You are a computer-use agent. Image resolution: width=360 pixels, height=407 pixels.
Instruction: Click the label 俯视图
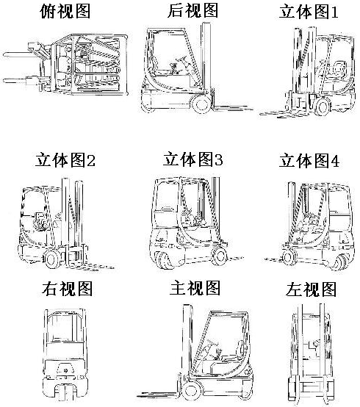tap(65, 11)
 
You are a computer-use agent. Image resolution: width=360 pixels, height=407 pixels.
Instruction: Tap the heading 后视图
tap(192, 10)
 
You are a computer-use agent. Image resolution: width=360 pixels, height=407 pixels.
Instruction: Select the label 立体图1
tap(309, 12)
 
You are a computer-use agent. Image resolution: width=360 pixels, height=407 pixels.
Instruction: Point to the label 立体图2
tap(65, 160)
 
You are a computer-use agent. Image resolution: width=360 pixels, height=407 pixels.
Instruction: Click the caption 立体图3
tap(192, 159)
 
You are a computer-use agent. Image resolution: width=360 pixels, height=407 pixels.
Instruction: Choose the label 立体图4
tap(309, 160)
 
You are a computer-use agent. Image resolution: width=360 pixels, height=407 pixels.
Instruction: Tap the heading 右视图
tap(67, 289)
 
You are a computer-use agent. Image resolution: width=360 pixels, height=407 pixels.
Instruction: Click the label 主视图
tap(195, 287)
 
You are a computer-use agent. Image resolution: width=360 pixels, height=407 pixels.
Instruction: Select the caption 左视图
tap(311, 289)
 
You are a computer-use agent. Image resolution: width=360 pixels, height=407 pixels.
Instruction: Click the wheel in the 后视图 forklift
tap(201, 104)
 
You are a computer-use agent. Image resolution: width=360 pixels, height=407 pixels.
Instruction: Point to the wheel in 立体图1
tap(322, 107)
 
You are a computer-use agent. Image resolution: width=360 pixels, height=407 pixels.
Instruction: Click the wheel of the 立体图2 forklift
tap(51, 259)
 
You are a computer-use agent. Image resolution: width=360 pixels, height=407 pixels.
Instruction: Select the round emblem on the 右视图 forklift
tap(65, 370)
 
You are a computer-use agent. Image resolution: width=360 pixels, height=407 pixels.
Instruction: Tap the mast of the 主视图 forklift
tap(187, 342)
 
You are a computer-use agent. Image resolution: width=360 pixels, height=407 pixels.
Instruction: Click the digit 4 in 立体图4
tap(335, 161)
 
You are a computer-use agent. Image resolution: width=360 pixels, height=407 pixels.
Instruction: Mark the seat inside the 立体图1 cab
tap(337, 70)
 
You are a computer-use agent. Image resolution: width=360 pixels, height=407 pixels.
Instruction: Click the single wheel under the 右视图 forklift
tap(65, 395)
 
